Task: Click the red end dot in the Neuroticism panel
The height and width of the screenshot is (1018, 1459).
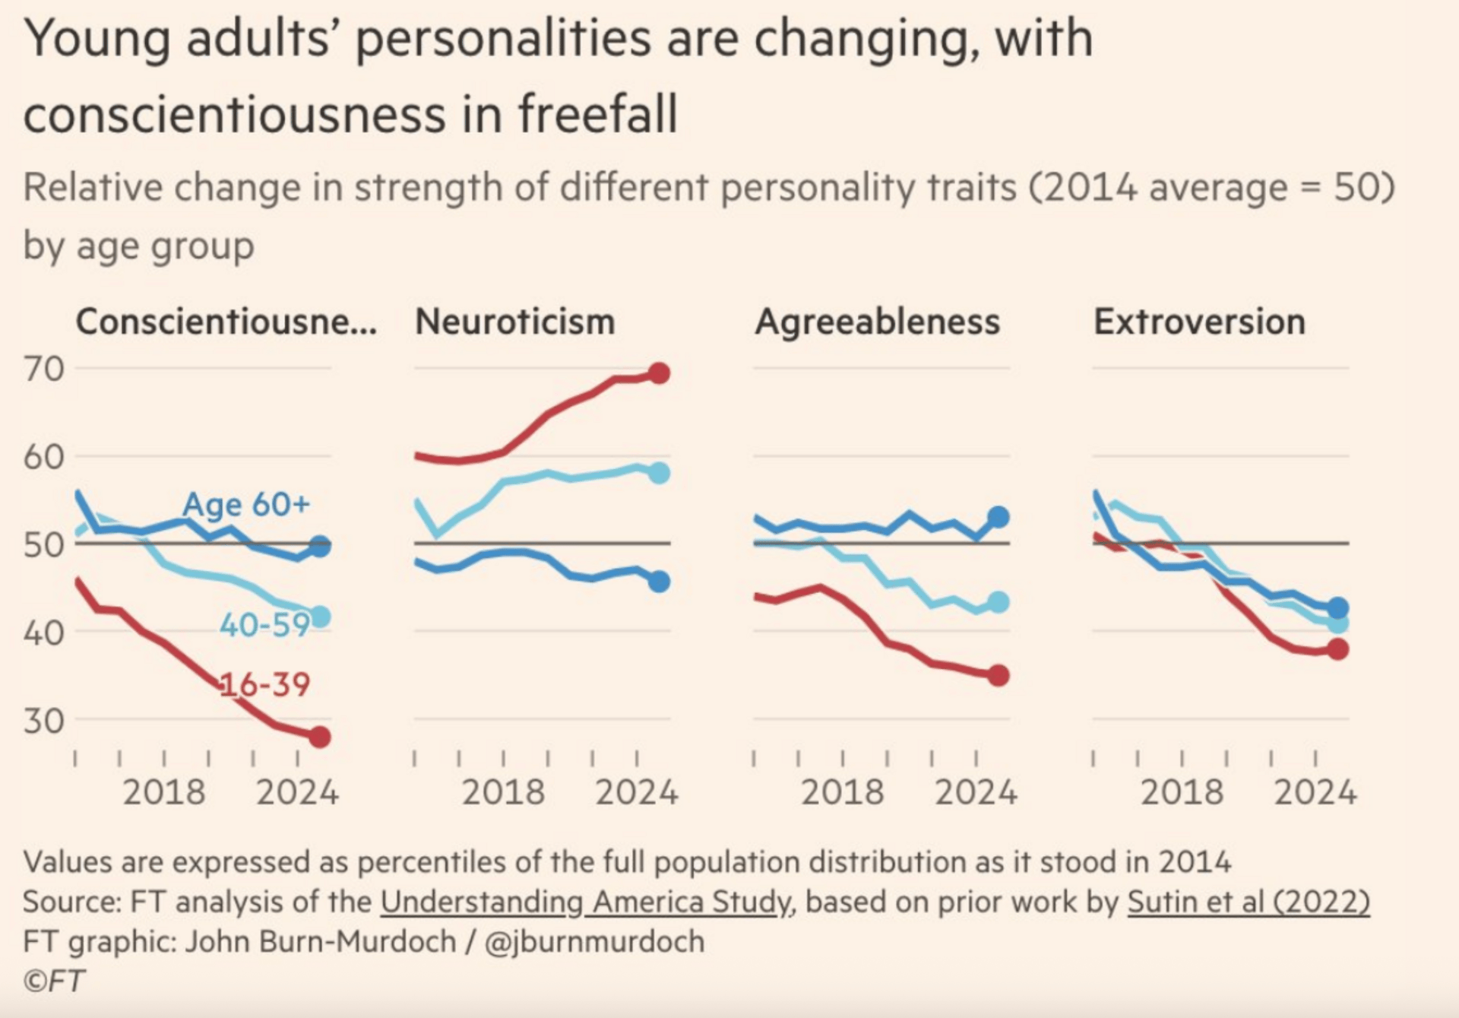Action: [x=659, y=373]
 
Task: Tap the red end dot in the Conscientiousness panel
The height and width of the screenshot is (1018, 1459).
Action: [x=320, y=736]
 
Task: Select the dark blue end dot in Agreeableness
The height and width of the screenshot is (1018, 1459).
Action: [x=999, y=518]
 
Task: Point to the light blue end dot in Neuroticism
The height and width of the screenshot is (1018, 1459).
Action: [x=659, y=473]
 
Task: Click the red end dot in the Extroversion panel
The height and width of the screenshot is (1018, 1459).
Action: [x=1337, y=649]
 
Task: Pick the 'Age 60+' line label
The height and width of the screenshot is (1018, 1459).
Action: [x=246, y=504]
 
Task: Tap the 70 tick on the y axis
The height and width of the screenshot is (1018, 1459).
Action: [x=43, y=369]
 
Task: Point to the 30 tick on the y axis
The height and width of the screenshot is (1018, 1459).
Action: [x=43, y=720]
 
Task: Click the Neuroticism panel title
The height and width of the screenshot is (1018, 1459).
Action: [x=514, y=322]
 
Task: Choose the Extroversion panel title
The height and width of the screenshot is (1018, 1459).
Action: [x=1199, y=322]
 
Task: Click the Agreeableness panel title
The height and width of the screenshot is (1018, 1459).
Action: [x=877, y=322]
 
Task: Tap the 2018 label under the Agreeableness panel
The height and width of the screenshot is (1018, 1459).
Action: [x=843, y=792]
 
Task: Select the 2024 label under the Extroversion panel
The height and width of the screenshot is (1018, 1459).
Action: [x=1315, y=792]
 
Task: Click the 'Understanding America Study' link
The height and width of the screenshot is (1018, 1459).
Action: [x=585, y=902]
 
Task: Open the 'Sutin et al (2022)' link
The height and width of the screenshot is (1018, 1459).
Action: [x=1248, y=902]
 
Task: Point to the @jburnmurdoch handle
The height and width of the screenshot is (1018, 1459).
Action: [x=593, y=941]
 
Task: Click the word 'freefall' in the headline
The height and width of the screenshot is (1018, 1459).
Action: [x=597, y=114]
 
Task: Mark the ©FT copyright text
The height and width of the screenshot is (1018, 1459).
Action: [x=53, y=981]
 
